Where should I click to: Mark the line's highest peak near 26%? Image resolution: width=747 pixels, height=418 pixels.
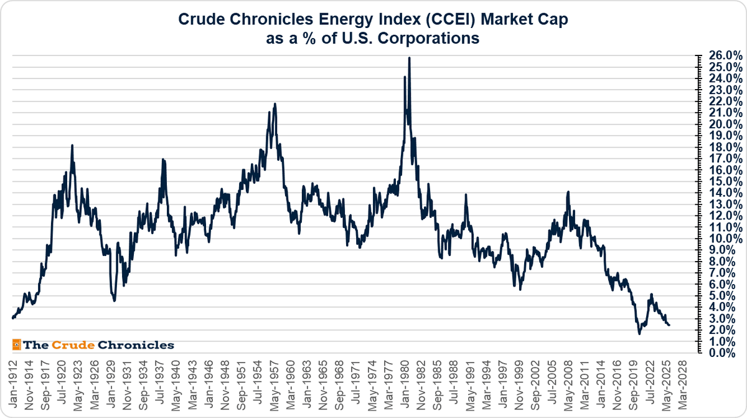pyautogui.click(x=409, y=58)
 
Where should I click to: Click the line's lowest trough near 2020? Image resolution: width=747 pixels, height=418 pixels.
pyautogui.click(x=639, y=334)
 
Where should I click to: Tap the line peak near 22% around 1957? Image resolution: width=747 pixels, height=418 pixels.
pyautogui.click(x=275, y=104)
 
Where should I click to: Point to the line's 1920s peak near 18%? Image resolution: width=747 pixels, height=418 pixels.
pyautogui.click(x=72, y=145)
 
